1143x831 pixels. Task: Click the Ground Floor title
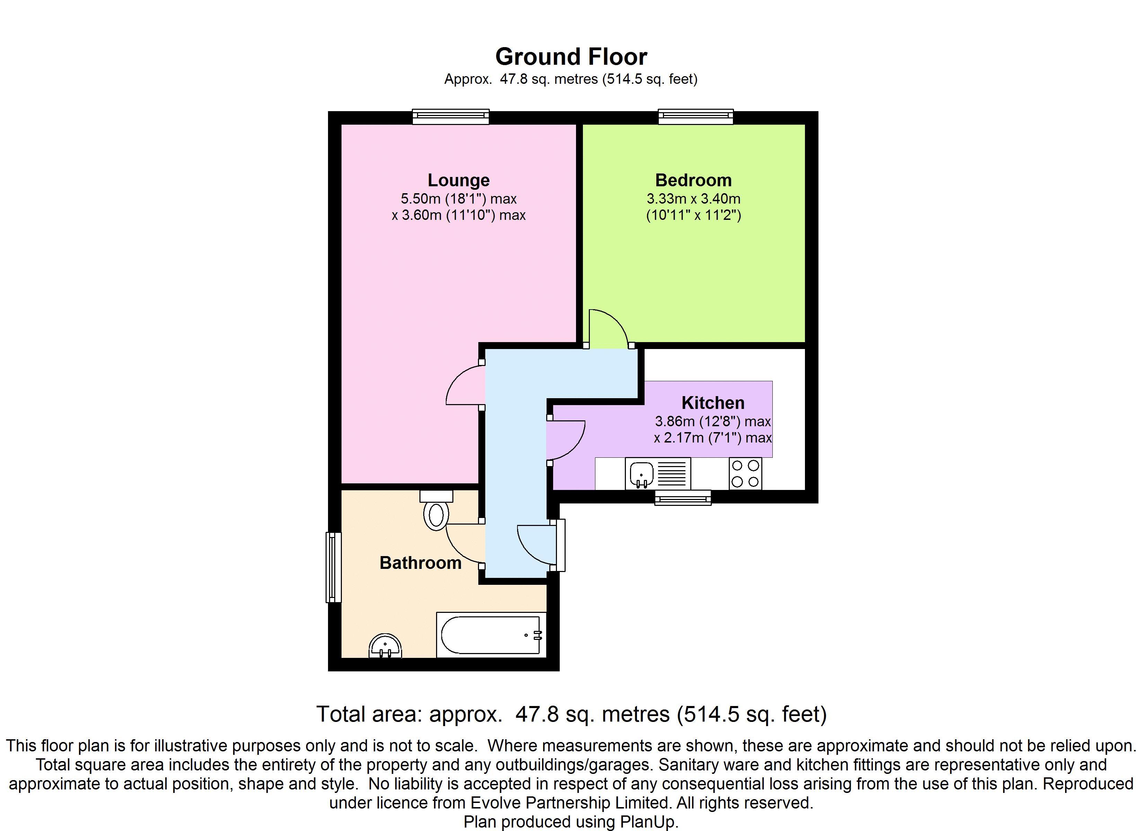click(571, 56)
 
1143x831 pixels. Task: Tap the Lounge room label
click(459, 180)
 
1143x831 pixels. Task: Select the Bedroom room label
click(693, 180)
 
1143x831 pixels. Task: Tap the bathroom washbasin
click(386, 646)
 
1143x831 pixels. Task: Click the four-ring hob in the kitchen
click(745, 474)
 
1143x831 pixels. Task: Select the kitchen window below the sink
click(683, 498)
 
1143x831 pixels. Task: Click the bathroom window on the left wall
click(334, 568)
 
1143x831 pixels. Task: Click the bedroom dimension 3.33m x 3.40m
click(693, 198)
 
